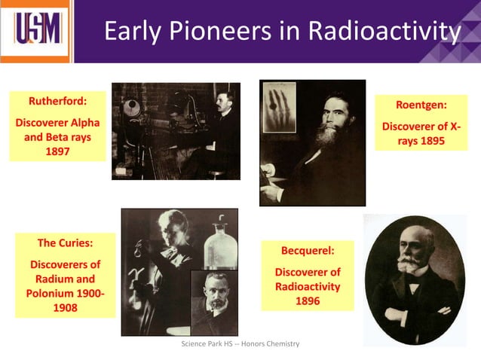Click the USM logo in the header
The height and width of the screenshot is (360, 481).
click(x=35, y=31)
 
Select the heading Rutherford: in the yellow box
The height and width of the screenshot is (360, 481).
click(x=57, y=100)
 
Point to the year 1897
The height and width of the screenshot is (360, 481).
click(x=57, y=151)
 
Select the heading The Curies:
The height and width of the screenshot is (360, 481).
click(x=65, y=243)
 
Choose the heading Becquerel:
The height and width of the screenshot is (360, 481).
click(x=307, y=250)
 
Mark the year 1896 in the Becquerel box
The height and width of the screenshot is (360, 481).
click(x=307, y=301)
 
